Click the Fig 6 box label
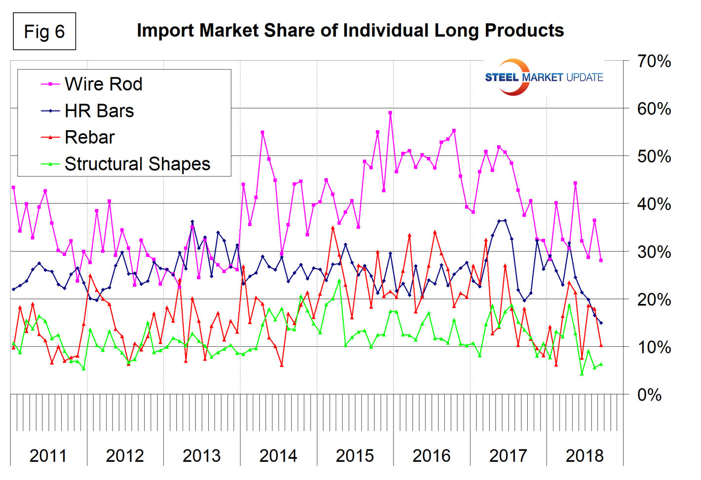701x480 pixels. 44,32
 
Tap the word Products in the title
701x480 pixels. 524,31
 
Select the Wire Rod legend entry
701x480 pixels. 103,84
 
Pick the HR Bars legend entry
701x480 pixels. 99,111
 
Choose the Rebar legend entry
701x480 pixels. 89,138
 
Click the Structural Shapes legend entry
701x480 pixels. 137,164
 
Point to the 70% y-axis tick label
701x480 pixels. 654,62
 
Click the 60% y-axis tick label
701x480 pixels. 654,109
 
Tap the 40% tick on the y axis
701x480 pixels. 654,204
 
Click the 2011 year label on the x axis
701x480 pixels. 48,455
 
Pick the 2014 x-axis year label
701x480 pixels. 278,455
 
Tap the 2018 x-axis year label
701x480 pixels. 584,455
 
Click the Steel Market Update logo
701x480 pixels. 543,77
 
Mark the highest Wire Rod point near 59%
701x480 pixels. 390,113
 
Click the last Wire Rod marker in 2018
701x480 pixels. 601,260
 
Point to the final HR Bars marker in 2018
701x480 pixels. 601,323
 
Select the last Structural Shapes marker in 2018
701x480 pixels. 601,365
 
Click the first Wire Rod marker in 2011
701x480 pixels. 13,187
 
